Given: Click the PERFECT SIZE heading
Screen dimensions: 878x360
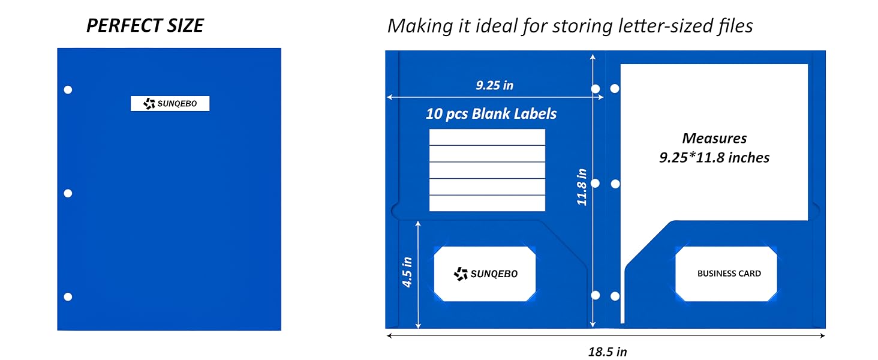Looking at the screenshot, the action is tap(145, 26).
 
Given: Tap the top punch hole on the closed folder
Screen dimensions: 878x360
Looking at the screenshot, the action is tap(68, 90).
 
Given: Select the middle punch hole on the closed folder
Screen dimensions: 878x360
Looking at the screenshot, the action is tap(68, 193).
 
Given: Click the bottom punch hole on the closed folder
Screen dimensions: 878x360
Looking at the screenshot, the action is tap(68, 297).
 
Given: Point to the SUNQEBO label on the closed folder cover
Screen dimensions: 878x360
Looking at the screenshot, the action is tap(170, 104).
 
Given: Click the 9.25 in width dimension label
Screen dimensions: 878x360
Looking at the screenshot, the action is tap(495, 85).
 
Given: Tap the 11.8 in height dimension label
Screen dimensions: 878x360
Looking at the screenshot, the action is tap(582, 187).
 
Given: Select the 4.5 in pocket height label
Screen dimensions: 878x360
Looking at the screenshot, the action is tap(407, 272).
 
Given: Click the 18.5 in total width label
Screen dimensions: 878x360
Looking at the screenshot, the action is tap(608, 352).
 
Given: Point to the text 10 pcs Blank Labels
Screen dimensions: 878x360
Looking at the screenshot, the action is tap(491, 114).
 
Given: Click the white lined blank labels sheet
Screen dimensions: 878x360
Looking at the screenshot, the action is tap(487, 170).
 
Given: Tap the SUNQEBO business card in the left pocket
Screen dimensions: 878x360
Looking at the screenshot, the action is tap(485, 274).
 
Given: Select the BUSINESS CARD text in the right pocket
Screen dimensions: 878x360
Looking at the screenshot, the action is tap(729, 274).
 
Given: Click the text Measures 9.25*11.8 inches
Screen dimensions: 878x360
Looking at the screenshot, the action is tap(714, 148).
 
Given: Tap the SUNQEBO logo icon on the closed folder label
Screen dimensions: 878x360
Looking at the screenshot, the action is tap(149, 104).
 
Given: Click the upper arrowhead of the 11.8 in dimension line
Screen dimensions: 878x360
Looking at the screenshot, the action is tap(593, 57).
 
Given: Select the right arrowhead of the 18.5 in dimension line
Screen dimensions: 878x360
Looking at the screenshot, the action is tap(823, 335).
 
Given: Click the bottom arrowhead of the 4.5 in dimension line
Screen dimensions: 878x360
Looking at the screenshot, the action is tap(418, 325).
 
